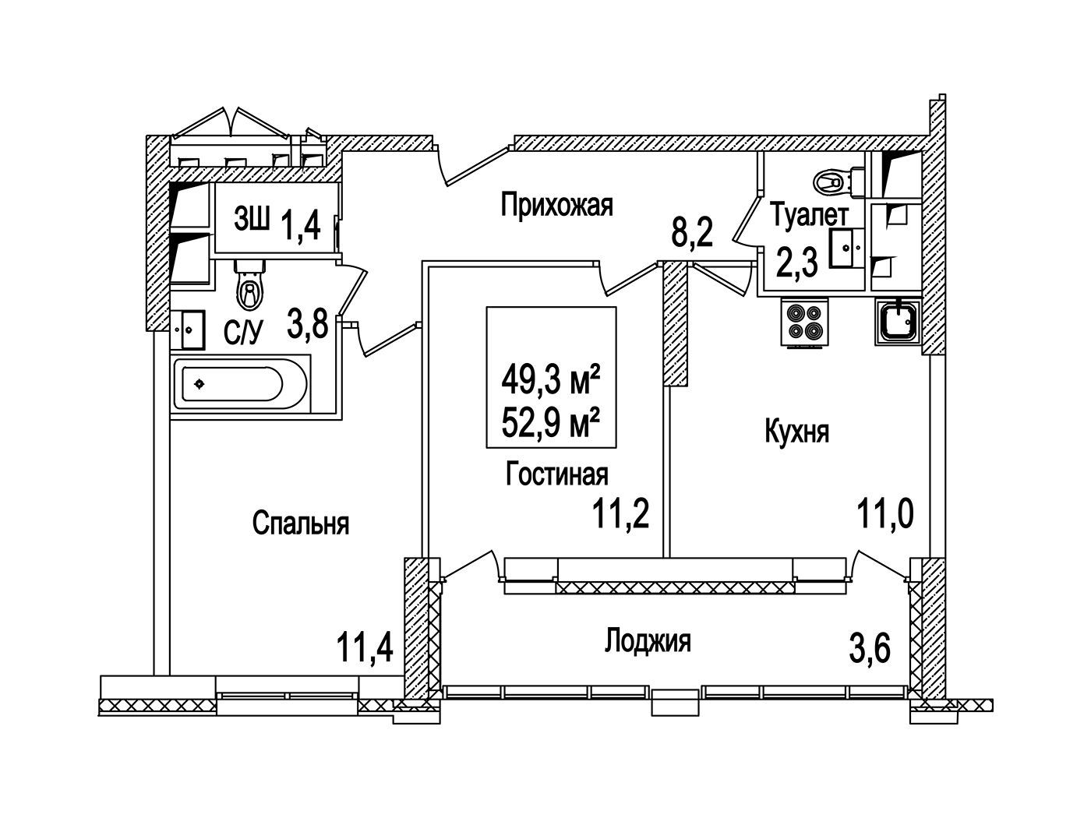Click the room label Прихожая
557,206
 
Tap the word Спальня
301,524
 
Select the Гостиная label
556,474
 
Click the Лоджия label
648,642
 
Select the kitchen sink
898,322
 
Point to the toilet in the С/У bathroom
250,287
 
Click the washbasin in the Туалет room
846,249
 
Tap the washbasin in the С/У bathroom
188,330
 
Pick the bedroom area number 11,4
364,647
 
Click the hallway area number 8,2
694,232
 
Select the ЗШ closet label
251,221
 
